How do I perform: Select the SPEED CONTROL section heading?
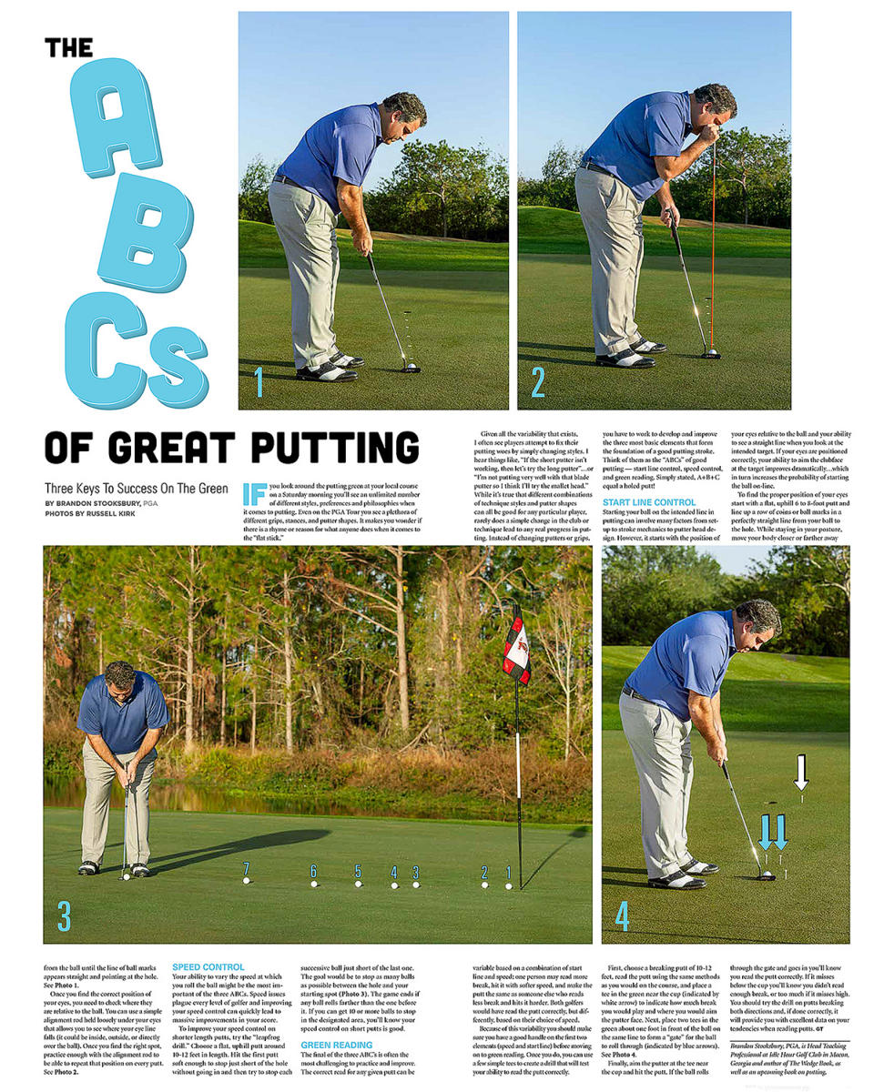click(208, 967)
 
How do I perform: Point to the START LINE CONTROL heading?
click(649, 502)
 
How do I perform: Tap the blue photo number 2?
click(537, 383)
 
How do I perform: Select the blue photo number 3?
click(64, 916)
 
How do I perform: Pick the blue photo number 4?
click(621, 916)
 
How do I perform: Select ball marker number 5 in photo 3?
click(358, 870)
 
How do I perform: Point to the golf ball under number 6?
click(313, 883)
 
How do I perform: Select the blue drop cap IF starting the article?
click(254, 494)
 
